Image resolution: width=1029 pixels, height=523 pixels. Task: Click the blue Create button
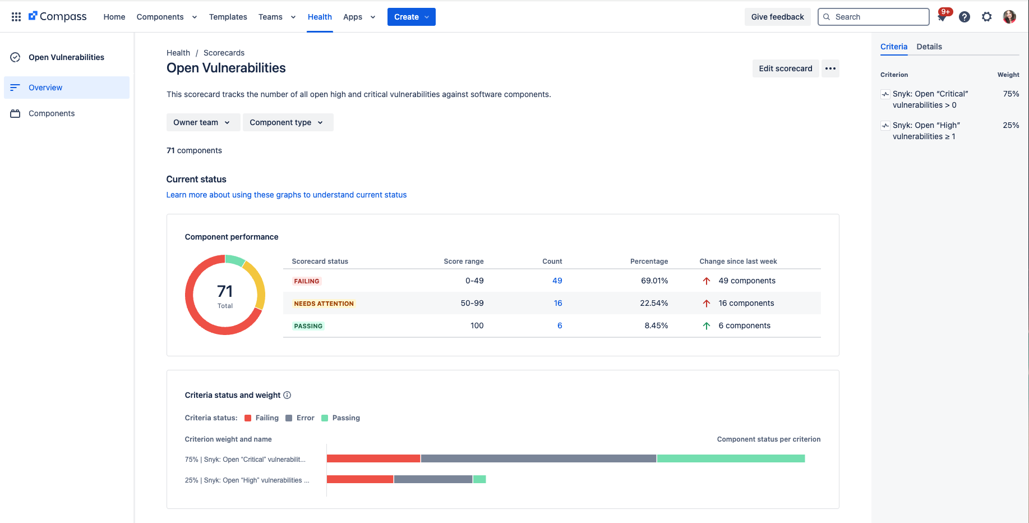[411, 17]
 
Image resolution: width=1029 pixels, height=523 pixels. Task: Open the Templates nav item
[228, 17]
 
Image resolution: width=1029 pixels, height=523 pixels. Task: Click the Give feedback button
[777, 17]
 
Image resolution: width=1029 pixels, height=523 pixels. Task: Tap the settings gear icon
[986, 17]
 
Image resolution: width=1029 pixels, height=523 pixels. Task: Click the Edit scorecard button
[785, 68]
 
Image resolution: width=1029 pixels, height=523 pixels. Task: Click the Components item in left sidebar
[52, 113]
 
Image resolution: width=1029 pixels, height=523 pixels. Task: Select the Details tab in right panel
[929, 47]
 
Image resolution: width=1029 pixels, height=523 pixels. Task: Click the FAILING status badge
[307, 281]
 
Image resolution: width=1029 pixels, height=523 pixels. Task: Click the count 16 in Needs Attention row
[557, 303]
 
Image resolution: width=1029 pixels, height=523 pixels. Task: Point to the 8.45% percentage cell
[656, 325]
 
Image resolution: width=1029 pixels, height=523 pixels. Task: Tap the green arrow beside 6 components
[707, 326]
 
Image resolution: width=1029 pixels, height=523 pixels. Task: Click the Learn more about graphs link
[286, 195]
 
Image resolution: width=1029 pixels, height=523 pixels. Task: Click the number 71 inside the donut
[225, 291]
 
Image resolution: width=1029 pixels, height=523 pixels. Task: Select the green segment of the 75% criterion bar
[730, 458]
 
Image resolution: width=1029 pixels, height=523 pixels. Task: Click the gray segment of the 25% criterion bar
[433, 479]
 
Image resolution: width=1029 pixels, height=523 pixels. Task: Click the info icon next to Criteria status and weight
[287, 395]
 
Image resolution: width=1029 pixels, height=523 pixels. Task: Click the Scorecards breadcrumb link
[224, 53]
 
